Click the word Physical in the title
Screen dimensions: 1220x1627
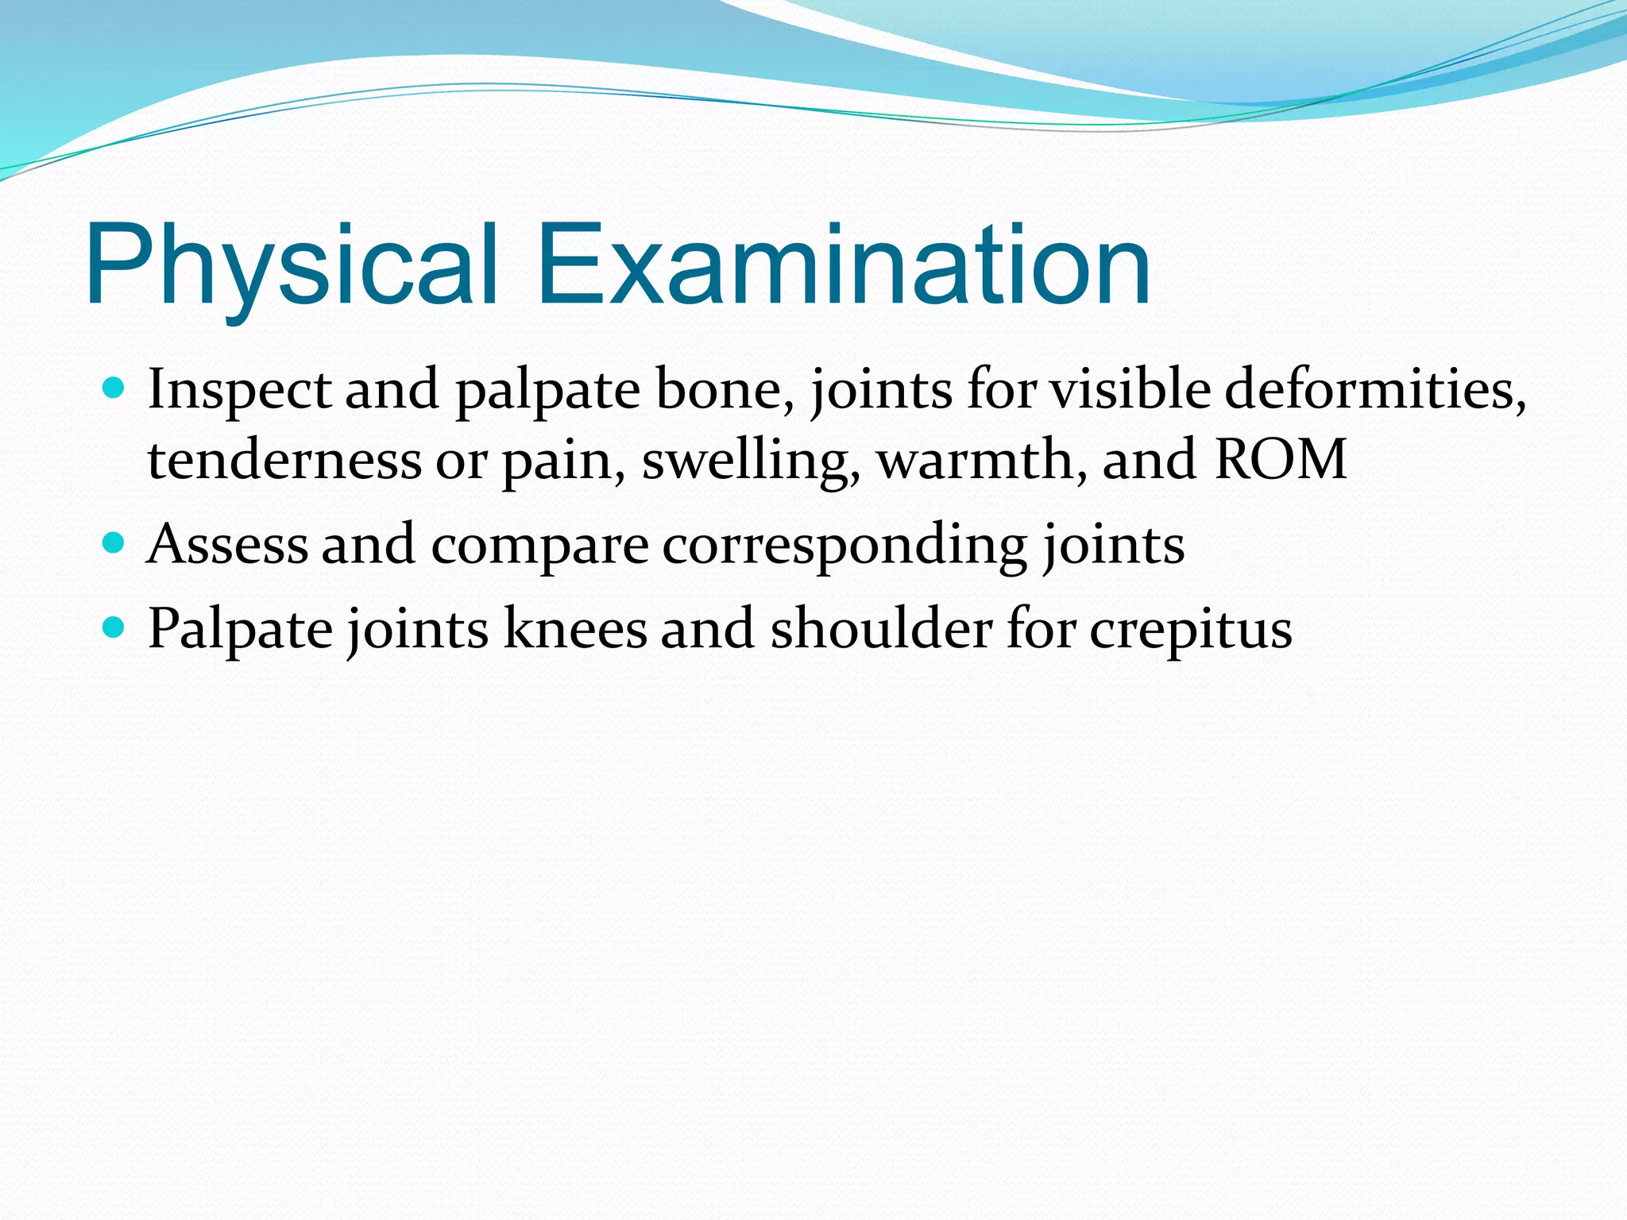coord(292,265)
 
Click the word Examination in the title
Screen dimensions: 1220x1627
coord(844,265)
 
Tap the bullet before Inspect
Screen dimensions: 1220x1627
coord(114,388)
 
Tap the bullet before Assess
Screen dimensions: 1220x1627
coord(114,543)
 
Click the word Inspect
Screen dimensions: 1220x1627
coord(239,391)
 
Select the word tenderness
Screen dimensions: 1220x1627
coord(284,460)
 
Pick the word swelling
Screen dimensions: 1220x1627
coord(751,461)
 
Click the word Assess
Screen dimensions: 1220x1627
coord(227,545)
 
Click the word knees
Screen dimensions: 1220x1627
coord(575,630)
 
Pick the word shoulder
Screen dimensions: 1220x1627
coord(881,630)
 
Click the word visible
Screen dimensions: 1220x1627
coord(1131,391)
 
